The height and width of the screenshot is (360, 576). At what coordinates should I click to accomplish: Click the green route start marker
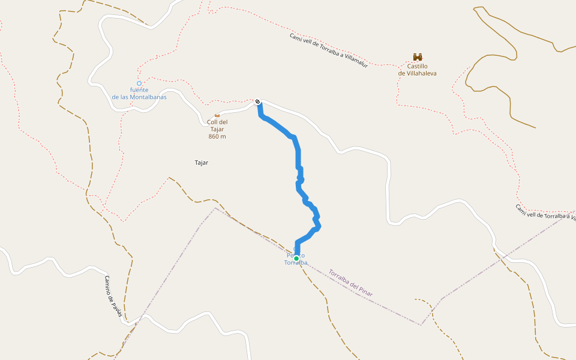click(296, 259)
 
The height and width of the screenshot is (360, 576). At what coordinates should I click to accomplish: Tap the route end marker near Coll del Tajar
click(257, 101)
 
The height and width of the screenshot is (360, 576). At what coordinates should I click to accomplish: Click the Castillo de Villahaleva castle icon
click(418, 57)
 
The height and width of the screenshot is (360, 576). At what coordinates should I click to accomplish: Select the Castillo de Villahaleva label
click(418, 70)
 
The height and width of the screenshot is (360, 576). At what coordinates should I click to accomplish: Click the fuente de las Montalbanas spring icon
click(139, 83)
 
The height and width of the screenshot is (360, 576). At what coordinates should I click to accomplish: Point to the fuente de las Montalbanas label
click(139, 93)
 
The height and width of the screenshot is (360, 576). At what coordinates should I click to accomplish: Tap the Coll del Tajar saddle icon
click(217, 115)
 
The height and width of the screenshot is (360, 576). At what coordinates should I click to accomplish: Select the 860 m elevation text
click(217, 136)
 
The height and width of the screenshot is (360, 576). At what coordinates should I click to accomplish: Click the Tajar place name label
click(202, 163)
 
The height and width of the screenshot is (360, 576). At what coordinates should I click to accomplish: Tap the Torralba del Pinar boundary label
click(350, 283)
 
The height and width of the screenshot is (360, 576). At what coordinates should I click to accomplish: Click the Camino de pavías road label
click(113, 295)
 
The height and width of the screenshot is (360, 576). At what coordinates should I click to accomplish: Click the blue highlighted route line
click(298, 156)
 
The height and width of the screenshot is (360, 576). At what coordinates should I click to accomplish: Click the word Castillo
click(418, 66)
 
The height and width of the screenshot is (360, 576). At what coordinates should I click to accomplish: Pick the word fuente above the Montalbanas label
click(139, 90)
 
